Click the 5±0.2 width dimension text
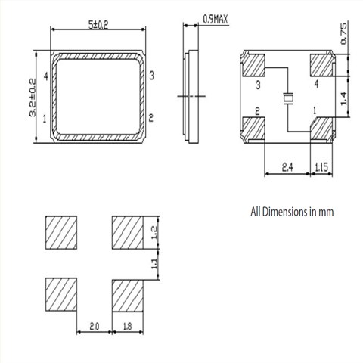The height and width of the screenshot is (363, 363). coord(98,24)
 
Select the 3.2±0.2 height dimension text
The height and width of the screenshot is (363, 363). coord(33,98)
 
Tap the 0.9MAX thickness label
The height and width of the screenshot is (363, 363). coord(216,19)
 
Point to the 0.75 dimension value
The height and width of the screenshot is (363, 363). coord(344,33)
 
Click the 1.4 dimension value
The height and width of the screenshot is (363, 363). coord(344,99)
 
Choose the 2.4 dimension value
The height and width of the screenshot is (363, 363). coord(287,167)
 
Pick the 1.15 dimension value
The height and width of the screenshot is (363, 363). coord(321,167)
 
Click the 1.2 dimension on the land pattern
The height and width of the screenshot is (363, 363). coord(154,232)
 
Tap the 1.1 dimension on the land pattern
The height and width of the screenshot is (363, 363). coord(154,264)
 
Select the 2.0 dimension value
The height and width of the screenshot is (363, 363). coord(94,327)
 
